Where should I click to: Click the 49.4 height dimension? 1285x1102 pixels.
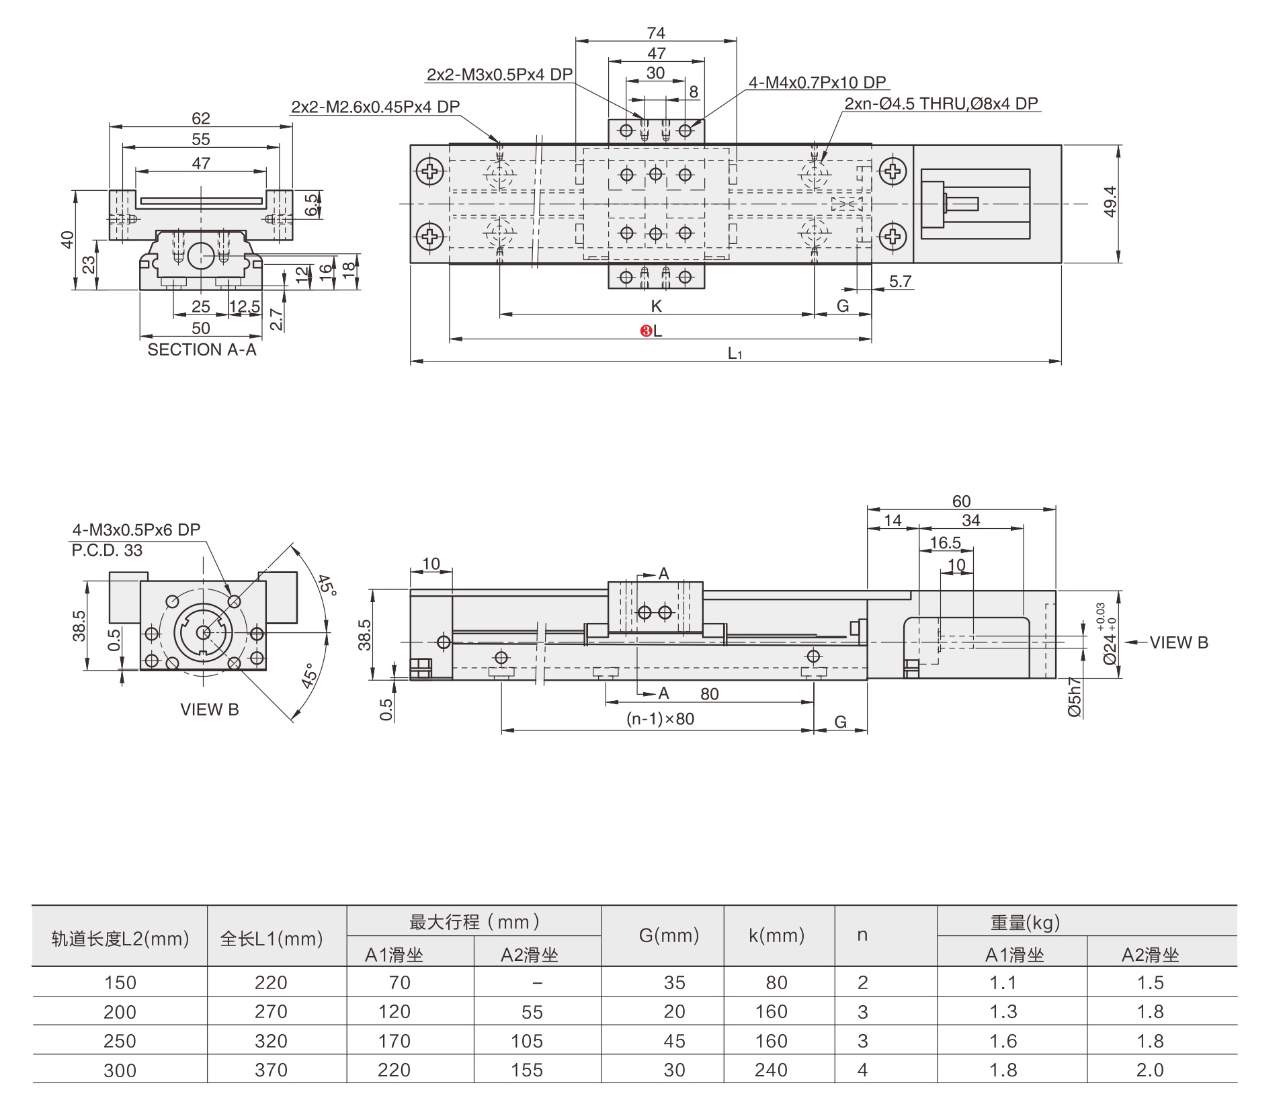pyautogui.click(x=1110, y=202)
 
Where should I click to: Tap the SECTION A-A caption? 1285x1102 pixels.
pyautogui.click(x=202, y=350)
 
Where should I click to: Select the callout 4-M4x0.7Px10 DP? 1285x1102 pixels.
pyautogui.click(x=817, y=83)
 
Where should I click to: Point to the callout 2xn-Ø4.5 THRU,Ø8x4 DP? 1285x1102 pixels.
pyautogui.click(x=941, y=103)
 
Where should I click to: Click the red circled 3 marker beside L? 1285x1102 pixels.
pyautogui.click(x=645, y=331)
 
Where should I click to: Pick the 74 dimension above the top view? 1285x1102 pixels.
pyautogui.click(x=656, y=33)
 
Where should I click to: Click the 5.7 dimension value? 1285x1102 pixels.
pyautogui.click(x=900, y=282)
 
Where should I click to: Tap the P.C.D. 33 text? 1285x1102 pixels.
pyautogui.click(x=107, y=550)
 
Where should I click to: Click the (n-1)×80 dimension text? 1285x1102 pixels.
pyautogui.click(x=660, y=719)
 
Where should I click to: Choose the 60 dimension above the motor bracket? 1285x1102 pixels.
pyautogui.click(x=961, y=501)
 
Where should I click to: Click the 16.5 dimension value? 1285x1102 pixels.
pyautogui.click(x=945, y=543)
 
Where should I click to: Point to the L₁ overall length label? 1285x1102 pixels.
pyautogui.click(x=735, y=353)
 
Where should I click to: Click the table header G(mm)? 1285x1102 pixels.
pyautogui.click(x=669, y=935)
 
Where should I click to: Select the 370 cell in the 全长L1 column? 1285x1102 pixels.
pyautogui.click(x=271, y=1070)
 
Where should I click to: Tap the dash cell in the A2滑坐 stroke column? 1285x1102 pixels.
pyautogui.click(x=537, y=983)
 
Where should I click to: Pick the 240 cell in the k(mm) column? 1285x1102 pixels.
pyautogui.click(x=770, y=1070)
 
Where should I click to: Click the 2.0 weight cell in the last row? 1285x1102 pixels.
pyautogui.click(x=1149, y=1070)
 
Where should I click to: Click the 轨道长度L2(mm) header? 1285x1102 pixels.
pyautogui.click(x=120, y=939)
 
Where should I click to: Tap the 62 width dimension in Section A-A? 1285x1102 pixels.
pyautogui.click(x=201, y=118)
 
